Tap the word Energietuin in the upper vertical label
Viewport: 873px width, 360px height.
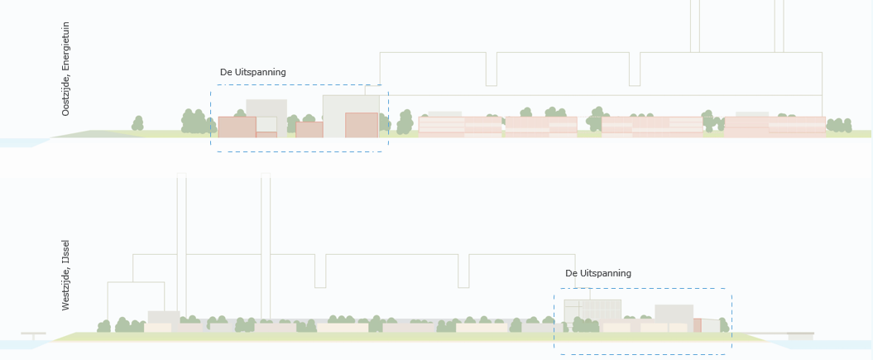click(x=65, y=46)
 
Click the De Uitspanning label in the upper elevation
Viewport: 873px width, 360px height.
click(x=252, y=72)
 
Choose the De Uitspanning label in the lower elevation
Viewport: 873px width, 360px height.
click(x=598, y=273)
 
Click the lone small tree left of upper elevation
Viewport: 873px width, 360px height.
click(x=137, y=123)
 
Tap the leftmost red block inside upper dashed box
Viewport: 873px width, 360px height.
click(x=237, y=127)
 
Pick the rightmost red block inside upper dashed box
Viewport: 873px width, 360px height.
click(x=362, y=125)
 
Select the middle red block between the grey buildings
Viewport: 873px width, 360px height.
click(x=309, y=130)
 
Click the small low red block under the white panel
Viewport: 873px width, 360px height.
click(x=266, y=135)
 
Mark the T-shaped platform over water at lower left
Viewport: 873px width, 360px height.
click(x=33, y=335)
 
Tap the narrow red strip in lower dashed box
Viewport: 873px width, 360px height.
click(x=697, y=325)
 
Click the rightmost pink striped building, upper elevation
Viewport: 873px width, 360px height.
click(x=775, y=127)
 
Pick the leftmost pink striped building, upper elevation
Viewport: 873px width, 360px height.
click(x=460, y=127)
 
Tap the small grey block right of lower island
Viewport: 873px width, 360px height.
click(x=801, y=337)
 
